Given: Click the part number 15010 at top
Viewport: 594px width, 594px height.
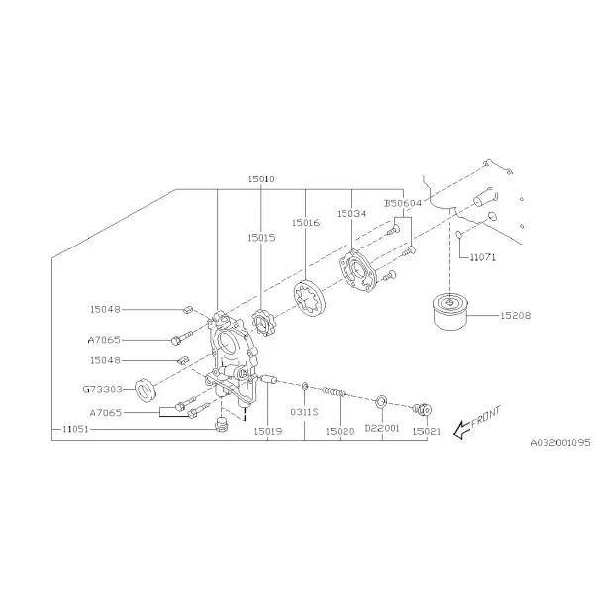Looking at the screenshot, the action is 261,179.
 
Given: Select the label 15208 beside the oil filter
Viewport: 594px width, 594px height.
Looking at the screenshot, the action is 516,315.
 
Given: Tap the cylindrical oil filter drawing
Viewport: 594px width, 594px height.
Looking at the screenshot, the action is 450,312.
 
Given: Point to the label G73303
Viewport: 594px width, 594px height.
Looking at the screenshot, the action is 102,389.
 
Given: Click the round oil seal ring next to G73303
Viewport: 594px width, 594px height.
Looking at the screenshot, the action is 146,389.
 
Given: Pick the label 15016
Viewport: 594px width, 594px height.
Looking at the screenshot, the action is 306,223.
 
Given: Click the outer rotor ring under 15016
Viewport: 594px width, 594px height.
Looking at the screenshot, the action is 310,298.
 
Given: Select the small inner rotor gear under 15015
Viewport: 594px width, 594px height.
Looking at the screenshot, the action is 262,323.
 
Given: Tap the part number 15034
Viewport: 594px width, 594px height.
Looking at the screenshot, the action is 351,213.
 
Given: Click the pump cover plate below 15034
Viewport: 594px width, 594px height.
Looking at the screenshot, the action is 357,271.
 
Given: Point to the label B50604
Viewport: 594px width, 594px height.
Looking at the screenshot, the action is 403,203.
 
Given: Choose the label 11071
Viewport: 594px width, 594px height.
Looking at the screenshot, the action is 483,257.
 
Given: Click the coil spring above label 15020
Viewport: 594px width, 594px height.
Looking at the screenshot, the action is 334,391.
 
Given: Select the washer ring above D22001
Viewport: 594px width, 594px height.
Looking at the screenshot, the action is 381,402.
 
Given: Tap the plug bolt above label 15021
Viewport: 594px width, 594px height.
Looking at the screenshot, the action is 423,409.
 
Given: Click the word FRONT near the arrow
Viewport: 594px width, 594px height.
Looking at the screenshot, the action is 486,416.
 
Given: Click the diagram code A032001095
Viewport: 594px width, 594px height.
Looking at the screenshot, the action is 560,442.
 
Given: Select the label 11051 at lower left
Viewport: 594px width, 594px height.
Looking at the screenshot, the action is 75,429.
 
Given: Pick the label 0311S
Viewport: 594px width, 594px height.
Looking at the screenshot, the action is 304,412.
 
